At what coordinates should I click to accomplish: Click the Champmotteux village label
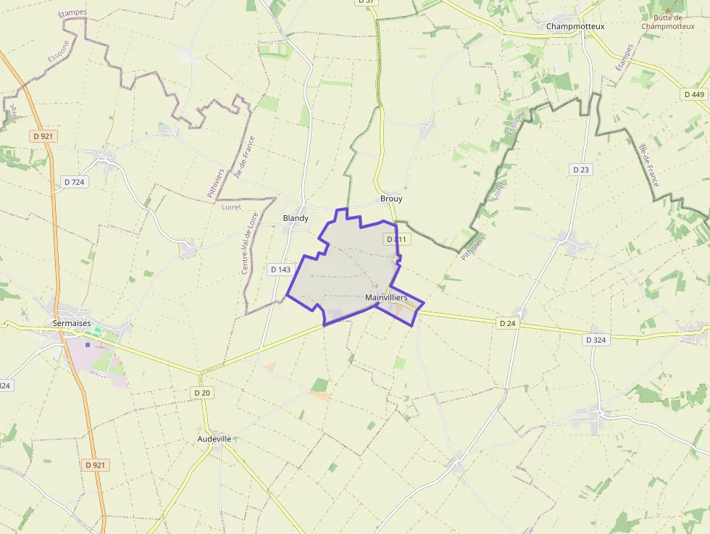tap(575, 26)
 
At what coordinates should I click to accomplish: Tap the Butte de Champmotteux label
tap(667, 22)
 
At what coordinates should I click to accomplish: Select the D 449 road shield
tap(693, 94)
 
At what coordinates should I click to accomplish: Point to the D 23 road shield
tap(581, 170)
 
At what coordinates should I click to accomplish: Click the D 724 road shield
tap(75, 182)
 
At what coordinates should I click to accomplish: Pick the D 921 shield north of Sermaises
tap(43, 135)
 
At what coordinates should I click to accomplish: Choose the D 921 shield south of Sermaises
tap(96, 465)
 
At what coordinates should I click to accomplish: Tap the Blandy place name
tap(296, 218)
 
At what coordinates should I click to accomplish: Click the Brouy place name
tap(391, 199)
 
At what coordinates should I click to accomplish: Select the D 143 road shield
tap(280, 270)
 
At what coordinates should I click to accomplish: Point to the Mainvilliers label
tap(386, 298)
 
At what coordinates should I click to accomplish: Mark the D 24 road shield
tap(507, 323)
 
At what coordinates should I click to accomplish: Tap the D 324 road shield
tap(595, 340)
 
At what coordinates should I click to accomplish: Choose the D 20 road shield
tap(202, 393)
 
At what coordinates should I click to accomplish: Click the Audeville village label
tap(214, 439)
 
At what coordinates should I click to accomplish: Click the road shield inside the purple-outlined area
tap(397, 239)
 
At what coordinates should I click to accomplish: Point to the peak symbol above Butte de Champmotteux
tap(668, 9)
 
